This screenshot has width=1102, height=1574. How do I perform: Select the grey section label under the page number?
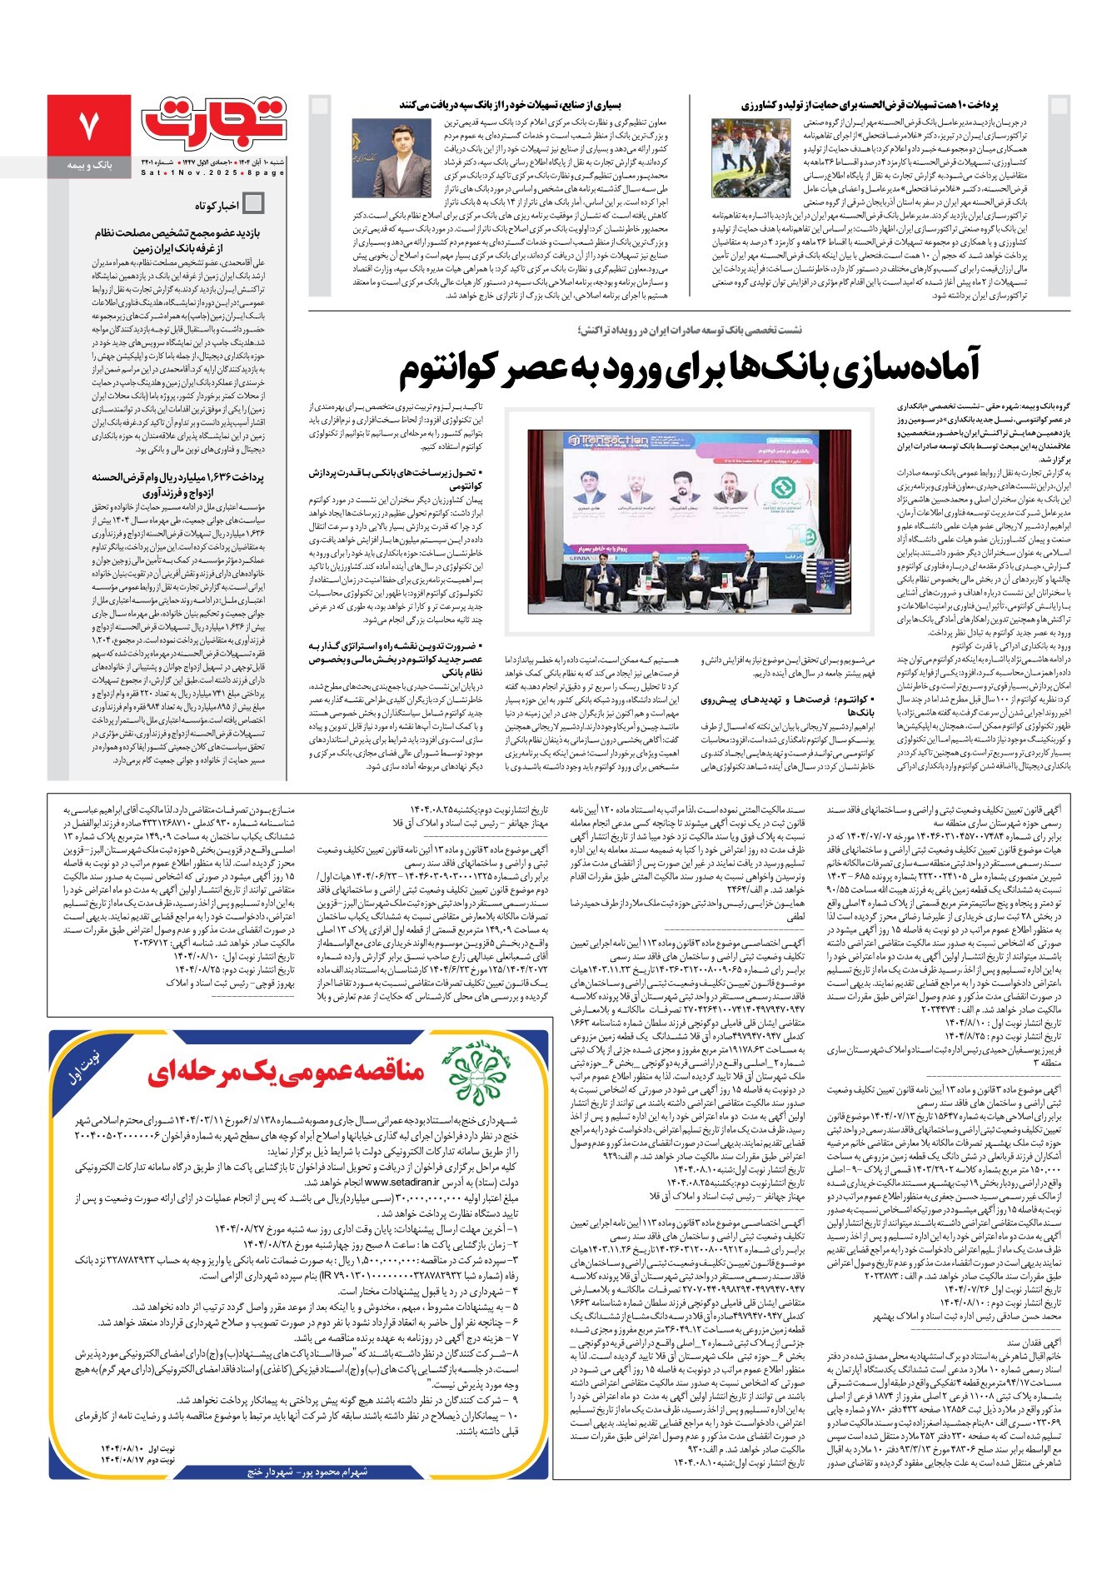(89, 167)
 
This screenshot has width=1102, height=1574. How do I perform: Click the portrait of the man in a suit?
(403, 157)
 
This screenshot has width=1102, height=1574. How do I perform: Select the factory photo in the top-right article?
(750, 157)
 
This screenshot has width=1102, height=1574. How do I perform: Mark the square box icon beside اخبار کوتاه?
(253, 203)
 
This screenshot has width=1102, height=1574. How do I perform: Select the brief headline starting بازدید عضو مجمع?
(177, 233)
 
